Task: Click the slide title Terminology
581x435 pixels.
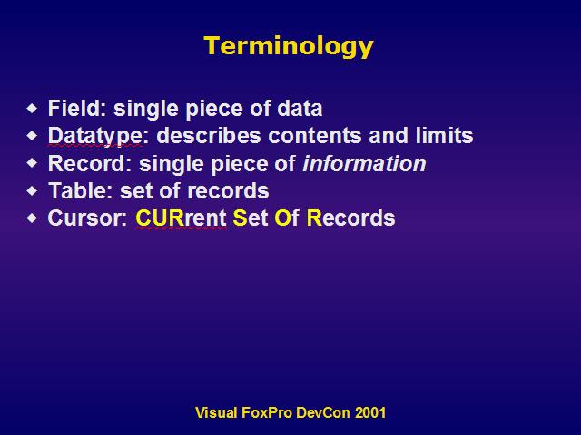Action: tap(289, 47)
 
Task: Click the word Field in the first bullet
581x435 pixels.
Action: tap(74, 108)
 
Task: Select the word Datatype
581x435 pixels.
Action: tap(95, 136)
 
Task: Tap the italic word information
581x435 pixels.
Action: tap(365, 163)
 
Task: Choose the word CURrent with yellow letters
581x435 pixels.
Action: tap(182, 217)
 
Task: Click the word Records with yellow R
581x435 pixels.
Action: tap(351, 217)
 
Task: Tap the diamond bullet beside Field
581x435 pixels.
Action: tap(33, 109)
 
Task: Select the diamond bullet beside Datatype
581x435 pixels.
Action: tap(33, 136)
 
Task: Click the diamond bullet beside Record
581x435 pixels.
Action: tap(33, 163)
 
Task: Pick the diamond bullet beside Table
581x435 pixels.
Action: tap(33, 190)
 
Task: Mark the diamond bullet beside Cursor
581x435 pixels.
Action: tap(33, 217)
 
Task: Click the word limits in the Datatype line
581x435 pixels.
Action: tap(444, 135)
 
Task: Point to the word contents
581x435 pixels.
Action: tap(315, 135)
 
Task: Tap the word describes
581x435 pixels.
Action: tap(209, 135)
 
